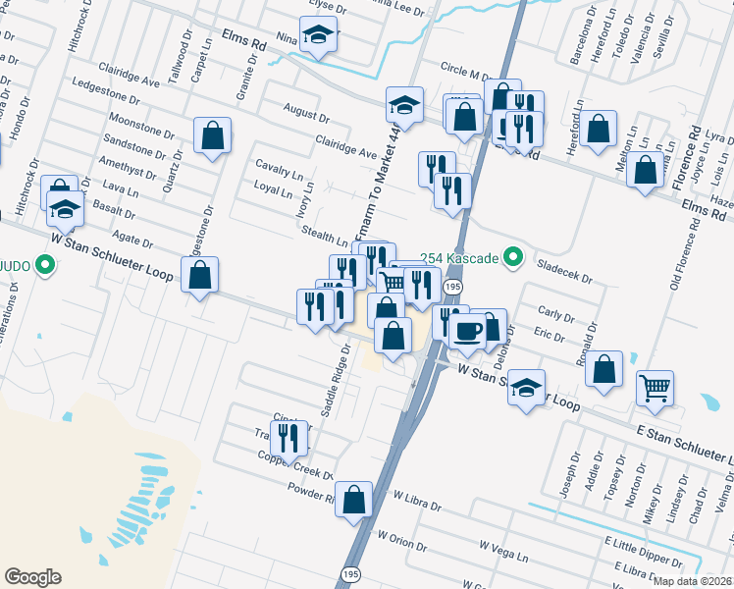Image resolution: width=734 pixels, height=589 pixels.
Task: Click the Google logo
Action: (32, 577)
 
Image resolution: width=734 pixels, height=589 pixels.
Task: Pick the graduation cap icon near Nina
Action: (317, 35)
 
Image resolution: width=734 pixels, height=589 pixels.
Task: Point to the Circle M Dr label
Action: (466, 73)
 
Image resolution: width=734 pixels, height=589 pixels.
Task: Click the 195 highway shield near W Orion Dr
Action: (349, 572)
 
